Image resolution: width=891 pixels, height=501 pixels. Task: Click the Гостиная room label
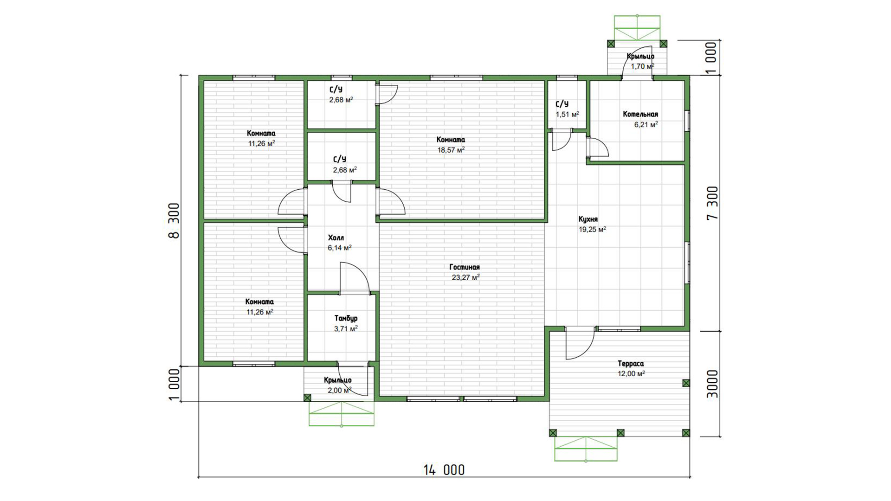[x=465, y=267]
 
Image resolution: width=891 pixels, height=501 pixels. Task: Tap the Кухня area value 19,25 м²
[x=592, y=229]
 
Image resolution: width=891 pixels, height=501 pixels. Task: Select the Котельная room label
[x=640, y=114]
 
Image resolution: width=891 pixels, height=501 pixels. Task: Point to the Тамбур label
[x=346, y=319]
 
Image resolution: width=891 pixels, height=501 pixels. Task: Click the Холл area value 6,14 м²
[x=340, y=248]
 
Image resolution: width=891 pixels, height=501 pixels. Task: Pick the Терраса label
[x=631, y=364]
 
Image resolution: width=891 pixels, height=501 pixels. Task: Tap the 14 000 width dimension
[x=444, y=470]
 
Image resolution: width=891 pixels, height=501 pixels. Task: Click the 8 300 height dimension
[x=174, y=220]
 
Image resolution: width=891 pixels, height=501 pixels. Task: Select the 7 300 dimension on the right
[x=712, y=203]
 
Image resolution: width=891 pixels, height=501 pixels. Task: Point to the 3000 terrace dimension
[x=712, y=384]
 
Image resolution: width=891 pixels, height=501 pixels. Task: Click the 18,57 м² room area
[x=451, y=150]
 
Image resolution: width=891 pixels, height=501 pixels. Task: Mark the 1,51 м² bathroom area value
[x=567, y=114]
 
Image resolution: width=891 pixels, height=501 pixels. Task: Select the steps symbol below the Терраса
[x=586, y=449]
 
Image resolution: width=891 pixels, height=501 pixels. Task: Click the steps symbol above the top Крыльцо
[x=637, y=28]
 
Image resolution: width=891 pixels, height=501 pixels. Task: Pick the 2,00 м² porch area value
[x=340, y=390]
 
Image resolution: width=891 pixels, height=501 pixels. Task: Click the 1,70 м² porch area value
[x=642, y=66]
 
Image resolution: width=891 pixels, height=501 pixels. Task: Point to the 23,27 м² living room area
[x=465, y=277]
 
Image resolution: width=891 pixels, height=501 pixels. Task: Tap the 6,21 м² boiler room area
[x=646, y=124]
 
